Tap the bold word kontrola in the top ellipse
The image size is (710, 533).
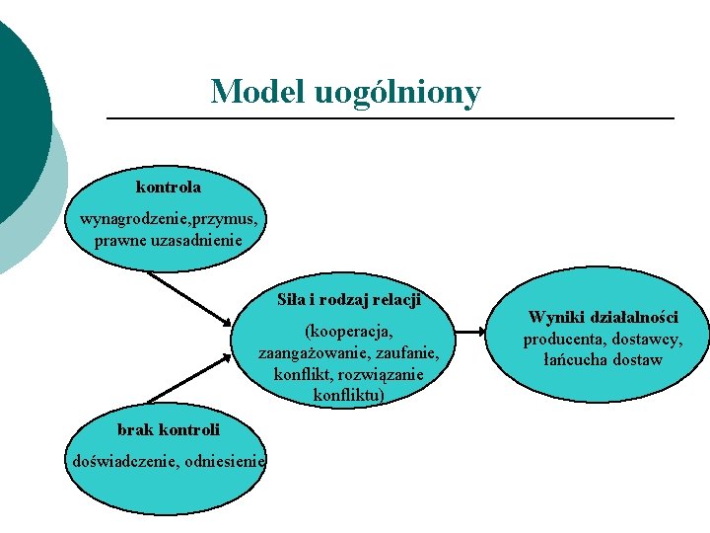click(x=169, y=187)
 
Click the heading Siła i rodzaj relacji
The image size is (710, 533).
click(x=349, y=298)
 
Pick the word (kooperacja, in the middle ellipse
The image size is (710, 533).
click(x=349, y=331)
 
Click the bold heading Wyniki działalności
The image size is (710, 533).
click(x=603, y=317)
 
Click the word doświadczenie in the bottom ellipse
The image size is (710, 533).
click(x=117, y=460)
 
